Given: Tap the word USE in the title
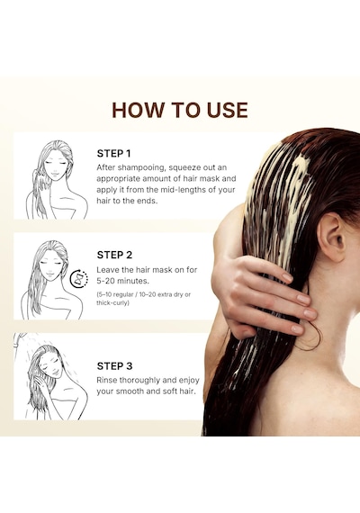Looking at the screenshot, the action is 227,110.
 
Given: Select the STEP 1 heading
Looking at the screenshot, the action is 113,153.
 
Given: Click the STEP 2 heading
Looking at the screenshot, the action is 114,255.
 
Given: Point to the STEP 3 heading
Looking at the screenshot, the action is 114,365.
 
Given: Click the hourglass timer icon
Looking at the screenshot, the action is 79,279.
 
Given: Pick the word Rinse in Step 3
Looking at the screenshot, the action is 107,380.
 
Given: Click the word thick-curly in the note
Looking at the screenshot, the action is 112,303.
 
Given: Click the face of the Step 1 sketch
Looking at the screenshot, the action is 55,166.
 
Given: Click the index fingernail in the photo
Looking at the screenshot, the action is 287,277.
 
